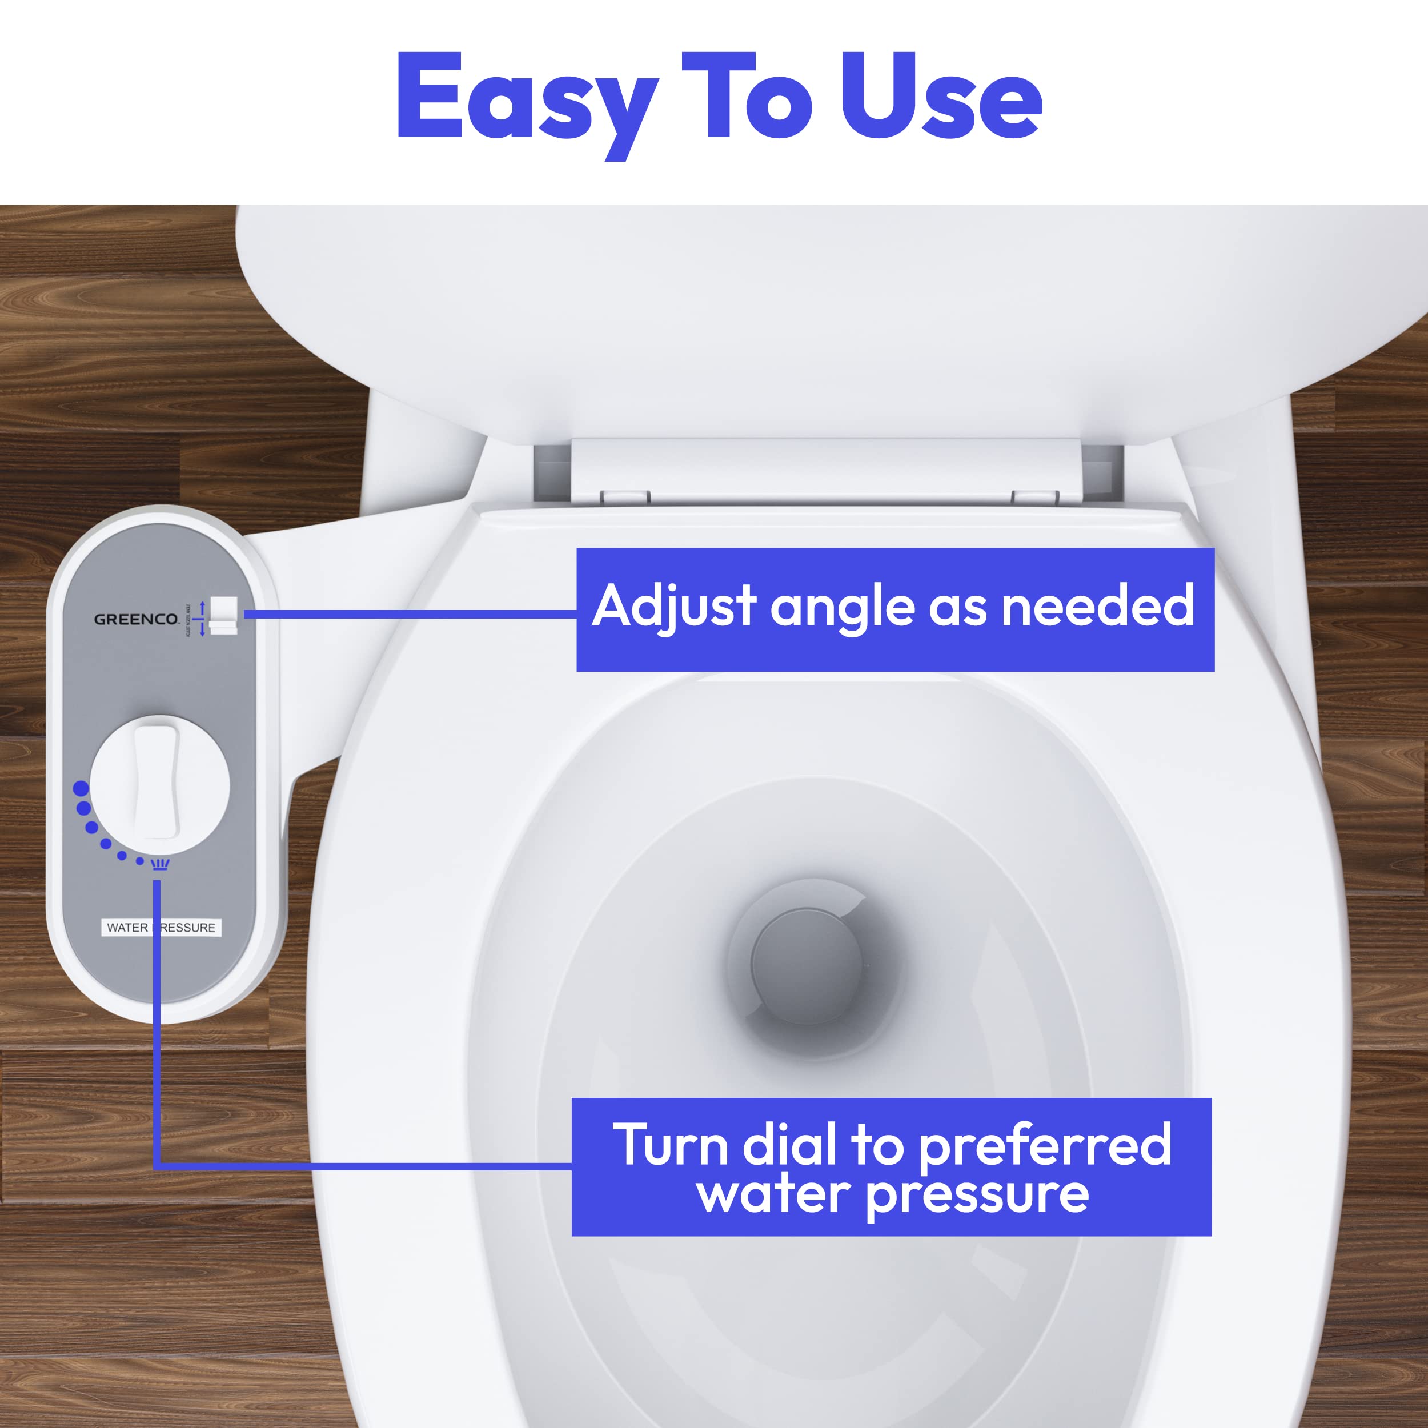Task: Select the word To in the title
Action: [747, 96]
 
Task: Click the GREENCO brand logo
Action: [136, 619]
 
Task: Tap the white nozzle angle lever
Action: [223, 615]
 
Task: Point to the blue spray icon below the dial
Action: [160, 864]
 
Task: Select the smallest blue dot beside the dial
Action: [140, 861]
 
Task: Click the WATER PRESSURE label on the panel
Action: [161, 928]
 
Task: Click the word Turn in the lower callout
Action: [671, 1145]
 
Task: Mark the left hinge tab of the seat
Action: [624, 498]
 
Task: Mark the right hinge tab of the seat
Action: [1035, 498]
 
